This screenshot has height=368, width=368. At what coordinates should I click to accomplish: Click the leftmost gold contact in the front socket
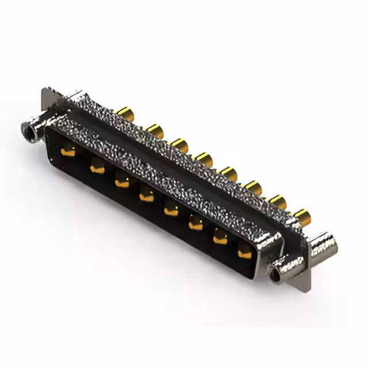[68, 152]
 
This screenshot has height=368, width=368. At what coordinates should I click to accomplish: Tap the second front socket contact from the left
[97, 169]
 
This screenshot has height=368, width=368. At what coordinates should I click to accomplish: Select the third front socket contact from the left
[122, 183]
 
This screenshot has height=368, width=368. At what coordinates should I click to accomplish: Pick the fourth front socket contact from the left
[147, 197]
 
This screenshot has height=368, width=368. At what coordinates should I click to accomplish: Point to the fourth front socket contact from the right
[171, 210]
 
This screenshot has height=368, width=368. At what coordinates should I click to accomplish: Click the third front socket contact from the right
[196, 224]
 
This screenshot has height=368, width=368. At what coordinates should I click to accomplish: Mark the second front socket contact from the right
[221, 238]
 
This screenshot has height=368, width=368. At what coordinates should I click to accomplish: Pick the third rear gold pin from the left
[179, 145]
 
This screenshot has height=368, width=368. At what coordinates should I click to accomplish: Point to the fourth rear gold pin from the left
[204, 159]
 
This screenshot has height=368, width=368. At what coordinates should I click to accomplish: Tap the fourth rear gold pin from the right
[229, 173]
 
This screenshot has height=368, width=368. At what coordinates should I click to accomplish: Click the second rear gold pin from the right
[278, 201]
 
